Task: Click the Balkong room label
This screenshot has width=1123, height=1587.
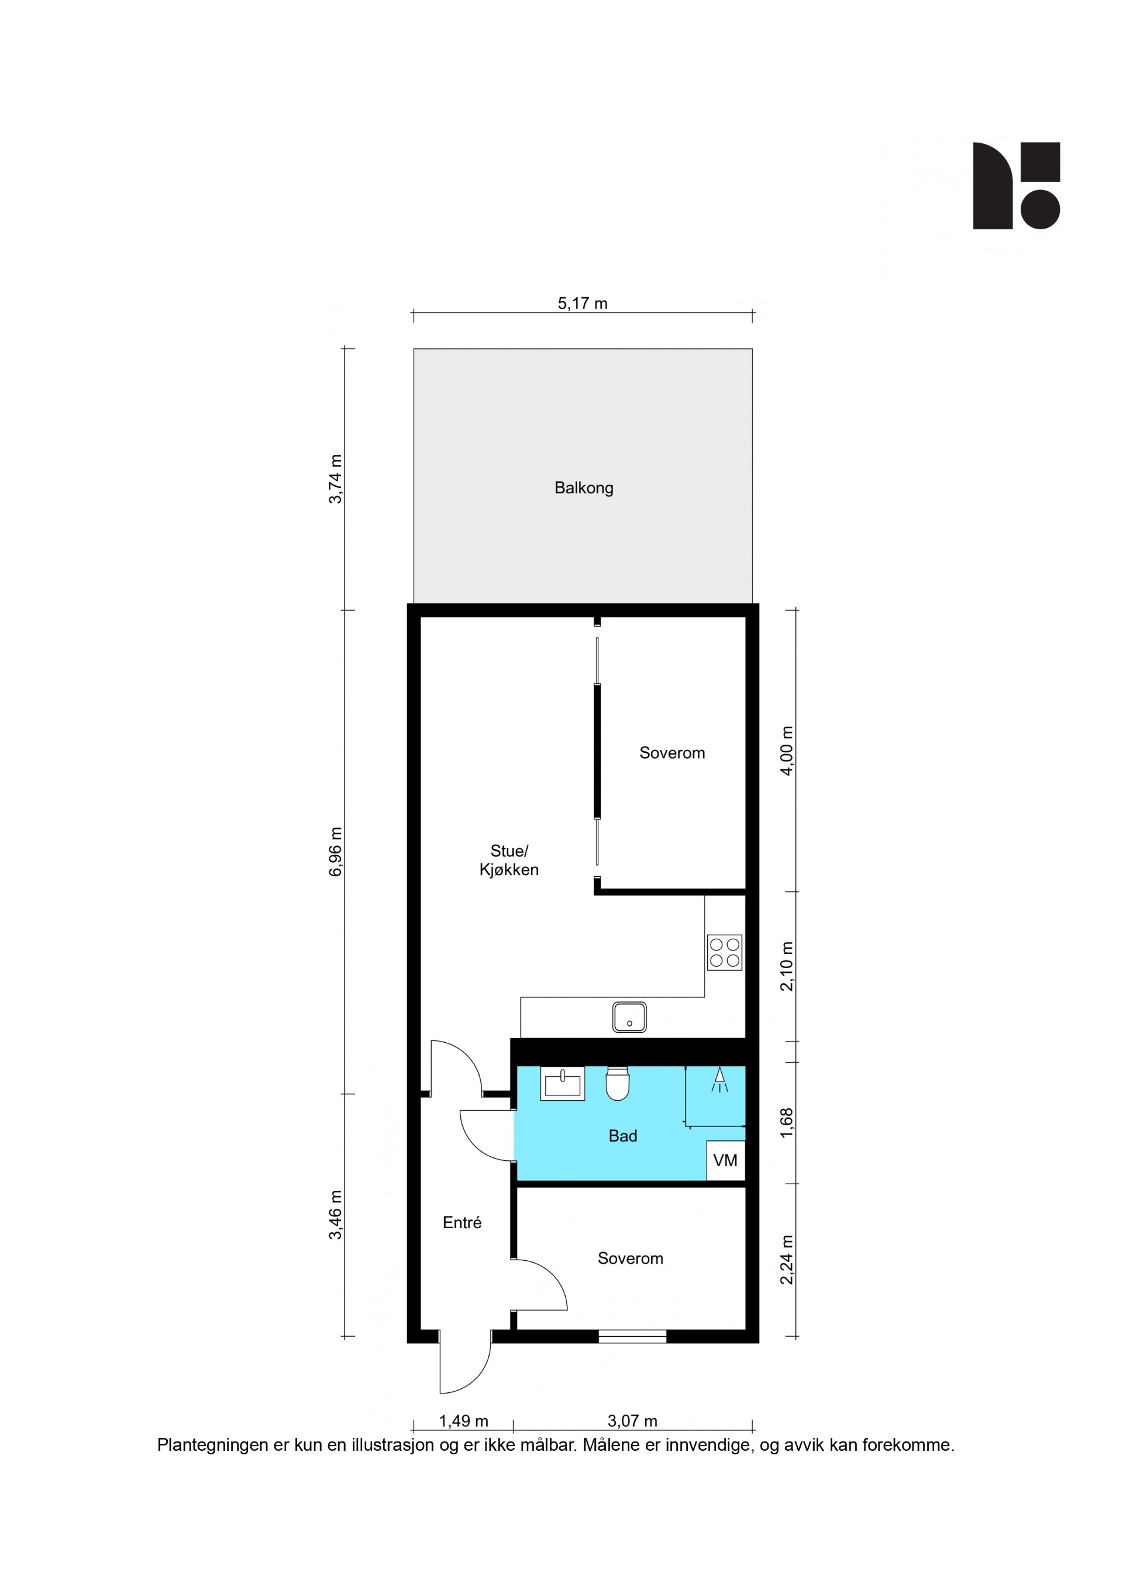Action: point(584,488)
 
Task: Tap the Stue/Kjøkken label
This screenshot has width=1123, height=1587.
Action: point(509,860)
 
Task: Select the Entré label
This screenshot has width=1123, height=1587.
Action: point(462,1223)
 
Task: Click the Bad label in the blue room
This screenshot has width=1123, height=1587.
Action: point(622,1136)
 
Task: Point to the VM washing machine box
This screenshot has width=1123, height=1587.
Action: point(725,1160)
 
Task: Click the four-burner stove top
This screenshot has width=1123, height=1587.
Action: point(725,952)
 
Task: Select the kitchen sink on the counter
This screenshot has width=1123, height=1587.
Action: point(629,1018)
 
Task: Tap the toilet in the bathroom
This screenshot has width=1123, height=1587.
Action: point(618,1083)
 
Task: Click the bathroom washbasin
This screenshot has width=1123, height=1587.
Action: point(562,1083)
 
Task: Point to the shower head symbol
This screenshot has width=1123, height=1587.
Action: point(720,1079)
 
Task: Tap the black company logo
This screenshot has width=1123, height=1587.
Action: point(1017,185)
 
